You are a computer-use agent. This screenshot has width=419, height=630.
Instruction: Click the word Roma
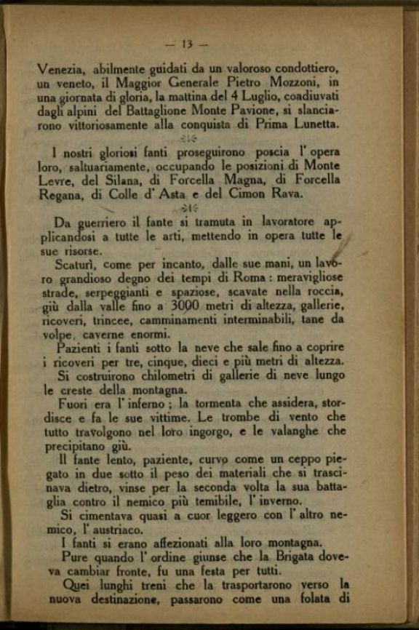coord(240,277)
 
